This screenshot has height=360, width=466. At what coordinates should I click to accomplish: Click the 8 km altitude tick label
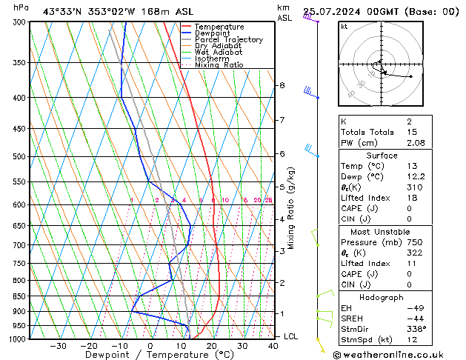point(282,86)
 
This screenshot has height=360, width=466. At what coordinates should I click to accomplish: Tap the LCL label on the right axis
point(290,336)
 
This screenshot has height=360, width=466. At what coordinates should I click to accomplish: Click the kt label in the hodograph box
point(344,27)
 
